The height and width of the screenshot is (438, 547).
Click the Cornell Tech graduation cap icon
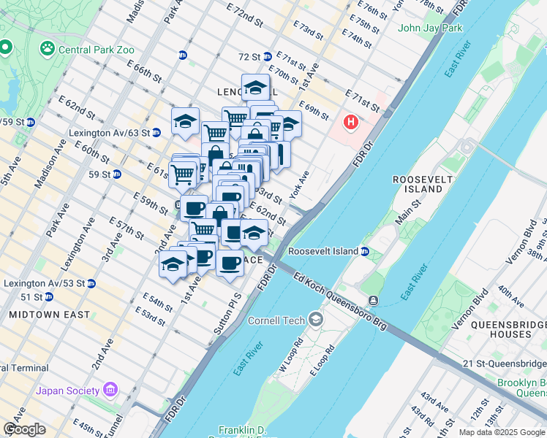point(316,319)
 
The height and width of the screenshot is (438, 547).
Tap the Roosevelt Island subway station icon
point(365,252)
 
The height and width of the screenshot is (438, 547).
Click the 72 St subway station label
point(249,56)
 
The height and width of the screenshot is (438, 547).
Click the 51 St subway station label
point(31,297)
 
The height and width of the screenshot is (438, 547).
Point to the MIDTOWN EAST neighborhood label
point(50,315)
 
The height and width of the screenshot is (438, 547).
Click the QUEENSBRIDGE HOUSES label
point(500,329)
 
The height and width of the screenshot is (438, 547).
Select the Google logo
point(24,429)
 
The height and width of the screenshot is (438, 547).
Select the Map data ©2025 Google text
point(502,432)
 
